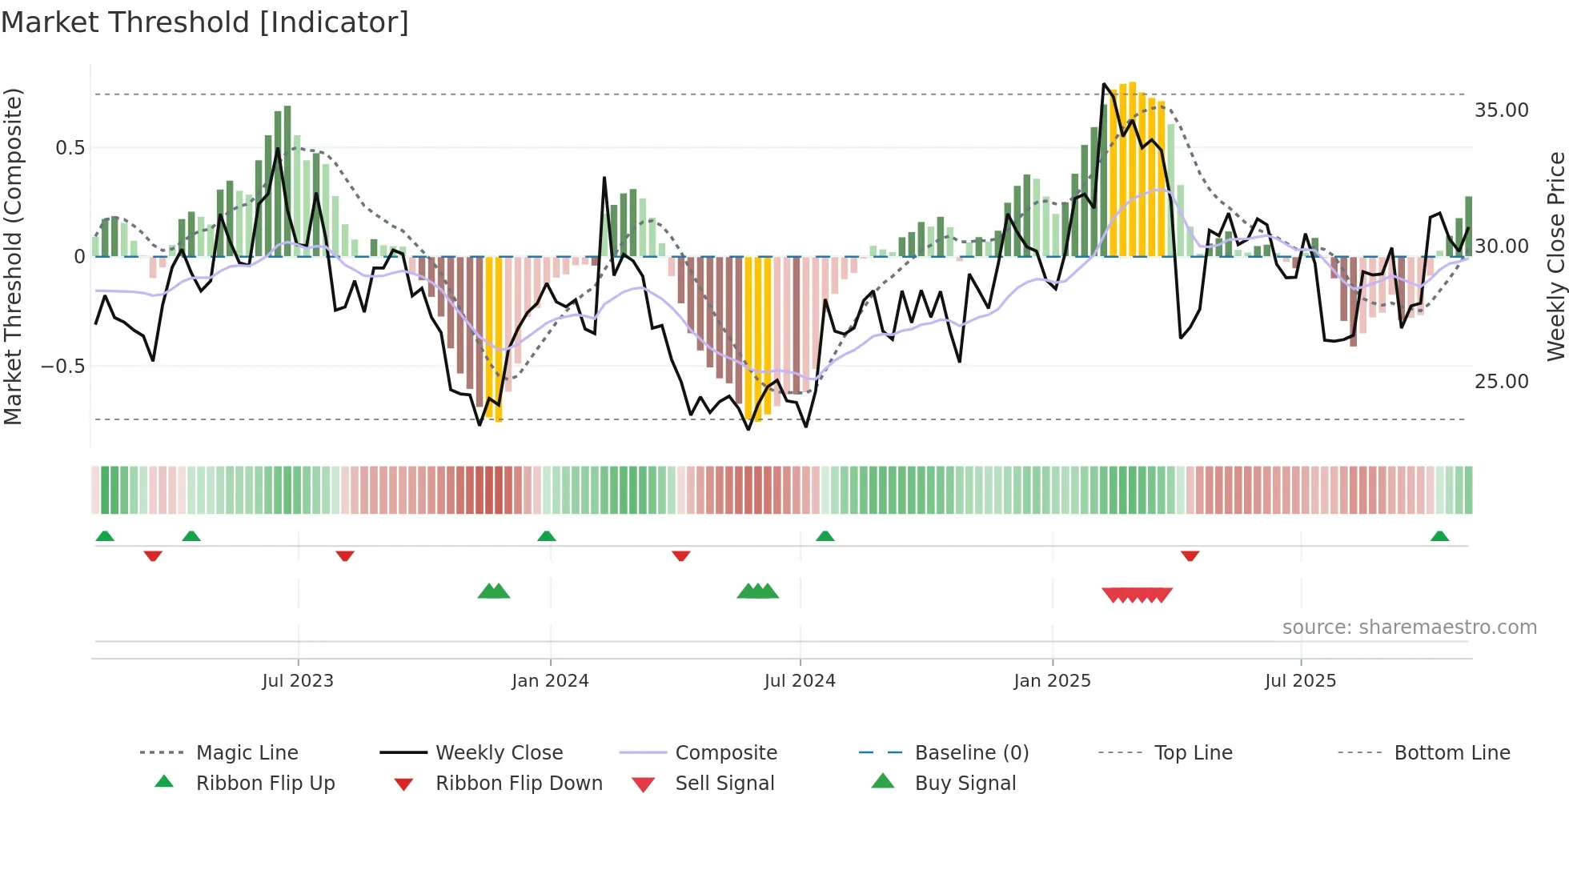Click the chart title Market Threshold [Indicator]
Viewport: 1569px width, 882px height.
click(x=205, y=22)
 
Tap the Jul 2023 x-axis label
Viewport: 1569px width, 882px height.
click(x=298, y=681)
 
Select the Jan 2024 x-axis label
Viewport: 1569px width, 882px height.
click(x=550, y=681)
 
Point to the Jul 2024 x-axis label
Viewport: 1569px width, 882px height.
click(x=800, y=681)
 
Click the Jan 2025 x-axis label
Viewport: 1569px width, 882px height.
click(x=1052, y=681)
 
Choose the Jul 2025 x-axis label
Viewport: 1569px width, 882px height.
click(x=1301, y=681)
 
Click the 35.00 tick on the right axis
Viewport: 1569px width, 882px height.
click(x=1502, y=110)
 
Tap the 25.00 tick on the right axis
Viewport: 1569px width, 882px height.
click(x=1502, y=382)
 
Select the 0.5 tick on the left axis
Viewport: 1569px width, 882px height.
click(x=70, y=148)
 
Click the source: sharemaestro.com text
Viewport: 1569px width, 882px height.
click(x=1409, y=627)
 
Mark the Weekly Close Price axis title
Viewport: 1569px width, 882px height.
click(x=1555, y=256)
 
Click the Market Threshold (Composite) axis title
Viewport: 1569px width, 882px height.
click(x=13, y=256)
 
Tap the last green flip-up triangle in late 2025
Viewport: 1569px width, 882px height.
click(x=1439, y=536)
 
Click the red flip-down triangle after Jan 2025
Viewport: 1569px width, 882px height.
click(x=1190, y=555)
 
